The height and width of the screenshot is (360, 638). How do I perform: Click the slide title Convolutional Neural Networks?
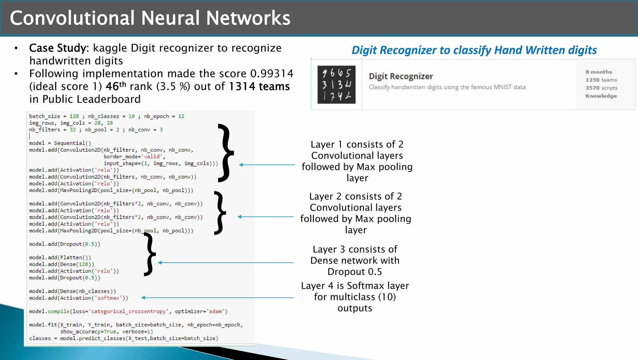150,18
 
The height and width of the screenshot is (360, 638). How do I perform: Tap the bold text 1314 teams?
259,86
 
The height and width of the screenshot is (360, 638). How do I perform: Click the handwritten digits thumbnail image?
336,84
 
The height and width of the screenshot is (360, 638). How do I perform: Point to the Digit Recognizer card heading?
401,76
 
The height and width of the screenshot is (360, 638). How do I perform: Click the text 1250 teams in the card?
601,80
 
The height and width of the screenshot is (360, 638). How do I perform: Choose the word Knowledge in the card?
601,96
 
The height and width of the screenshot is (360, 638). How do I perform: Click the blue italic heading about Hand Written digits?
474,50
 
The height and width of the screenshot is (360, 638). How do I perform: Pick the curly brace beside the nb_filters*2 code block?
220,213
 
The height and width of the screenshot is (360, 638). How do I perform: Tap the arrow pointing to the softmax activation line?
217,298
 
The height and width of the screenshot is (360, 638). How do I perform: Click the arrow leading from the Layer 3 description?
226,263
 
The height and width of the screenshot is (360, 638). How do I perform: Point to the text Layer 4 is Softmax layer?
355,286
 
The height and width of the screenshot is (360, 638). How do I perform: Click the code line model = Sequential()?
60,143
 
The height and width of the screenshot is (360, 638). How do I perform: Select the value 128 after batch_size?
74,116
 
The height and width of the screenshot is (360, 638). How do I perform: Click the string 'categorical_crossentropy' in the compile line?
128,311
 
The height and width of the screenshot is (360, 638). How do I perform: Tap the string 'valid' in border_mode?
152,156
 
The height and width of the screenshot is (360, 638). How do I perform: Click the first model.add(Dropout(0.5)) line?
64,244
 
